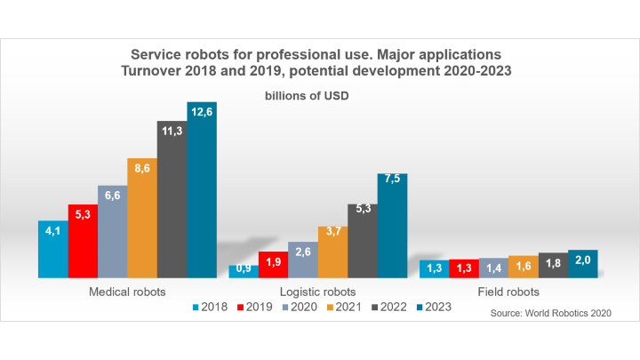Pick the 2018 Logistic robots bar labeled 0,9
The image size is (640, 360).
point(244,270)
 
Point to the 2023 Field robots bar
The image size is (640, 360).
point(583,264)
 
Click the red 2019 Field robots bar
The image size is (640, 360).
point(464,268)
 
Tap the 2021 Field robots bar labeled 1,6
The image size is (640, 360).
point(524,267)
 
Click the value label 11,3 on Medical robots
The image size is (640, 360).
point(172,132)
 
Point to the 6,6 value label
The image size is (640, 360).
point(112,195)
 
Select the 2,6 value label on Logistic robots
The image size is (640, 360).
point(303,252)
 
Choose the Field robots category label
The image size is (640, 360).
point(508,292)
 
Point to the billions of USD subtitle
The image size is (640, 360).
point(308,96)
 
